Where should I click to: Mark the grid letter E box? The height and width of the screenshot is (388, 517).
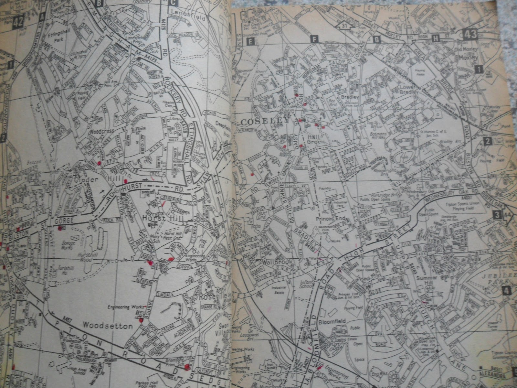(x=250, y=41)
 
